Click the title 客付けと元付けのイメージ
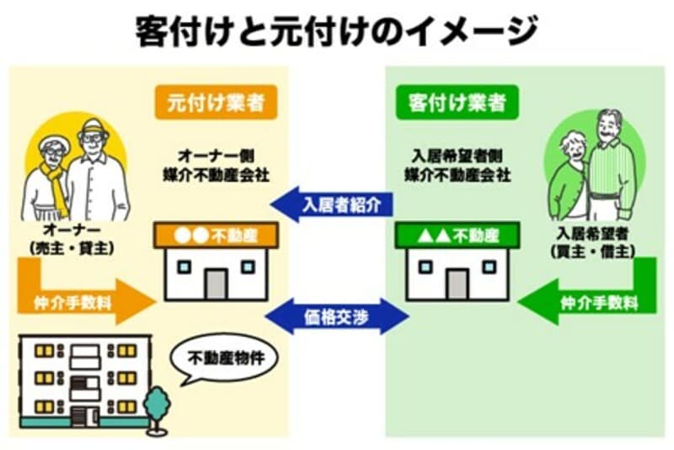(x=336, y=32)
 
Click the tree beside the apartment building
(x=156, y=409)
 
